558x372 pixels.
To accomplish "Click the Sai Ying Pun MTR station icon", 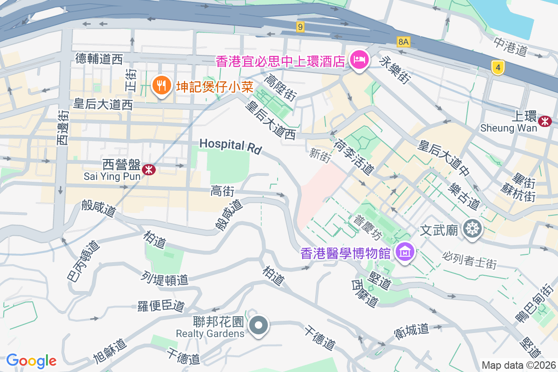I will click(x=148, y=170).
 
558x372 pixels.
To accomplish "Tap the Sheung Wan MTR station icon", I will click(x=544, y=121).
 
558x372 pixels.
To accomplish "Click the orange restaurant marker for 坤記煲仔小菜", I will click(x=160, y=86).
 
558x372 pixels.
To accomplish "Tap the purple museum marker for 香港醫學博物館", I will click(x=405, y=252).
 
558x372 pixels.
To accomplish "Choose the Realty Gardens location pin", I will click(x=259, y=325).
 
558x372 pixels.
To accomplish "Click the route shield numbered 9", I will click(x=300, y=27).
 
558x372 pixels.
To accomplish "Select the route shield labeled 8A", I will click(x=404, y=42).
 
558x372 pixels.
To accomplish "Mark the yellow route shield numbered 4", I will click(x=498, y=68).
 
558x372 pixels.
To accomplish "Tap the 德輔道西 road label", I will click(x=99, y=59).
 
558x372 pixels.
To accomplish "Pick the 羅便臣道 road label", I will click(x=161, y=306).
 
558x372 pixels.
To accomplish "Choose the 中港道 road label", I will click(x=510, y=46).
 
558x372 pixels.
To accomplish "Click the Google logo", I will click(x=31, y=360).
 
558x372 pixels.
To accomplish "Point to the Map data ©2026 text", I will click(x=518, y=365).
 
